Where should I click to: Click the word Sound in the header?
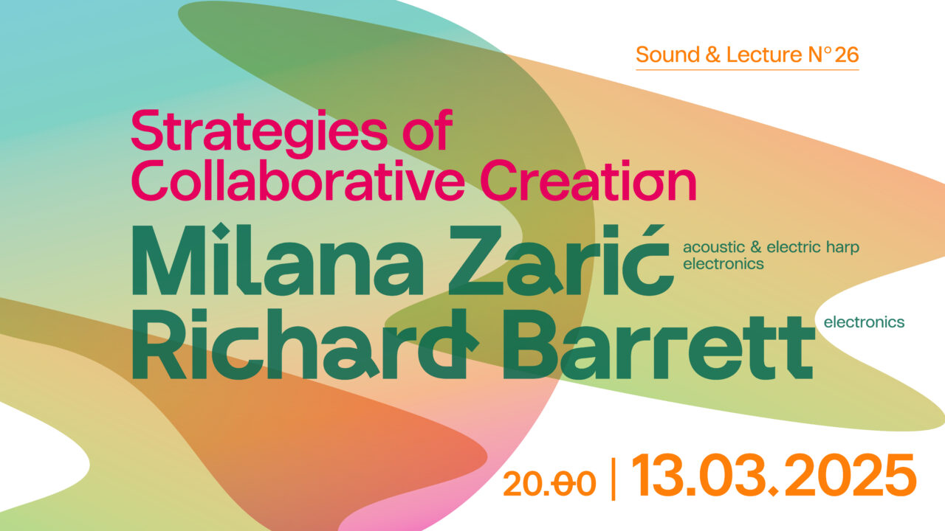click(667, 55)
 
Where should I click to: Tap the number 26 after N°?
click(846, 55)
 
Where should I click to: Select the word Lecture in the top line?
click(764, 55)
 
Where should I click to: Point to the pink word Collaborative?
click(298, 181)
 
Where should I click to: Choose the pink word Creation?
click(588, 181)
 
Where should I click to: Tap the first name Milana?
click(278, 260)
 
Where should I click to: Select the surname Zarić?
click(560, 260)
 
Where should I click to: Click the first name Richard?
click(305, 344)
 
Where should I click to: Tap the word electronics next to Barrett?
click(864, 322)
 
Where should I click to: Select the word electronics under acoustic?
click(724, 264)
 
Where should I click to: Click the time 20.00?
click(549, 484)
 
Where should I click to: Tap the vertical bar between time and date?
click(614, 479)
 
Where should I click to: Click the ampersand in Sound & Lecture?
click(712, 55)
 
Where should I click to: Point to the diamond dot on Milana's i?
click(221, 232)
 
